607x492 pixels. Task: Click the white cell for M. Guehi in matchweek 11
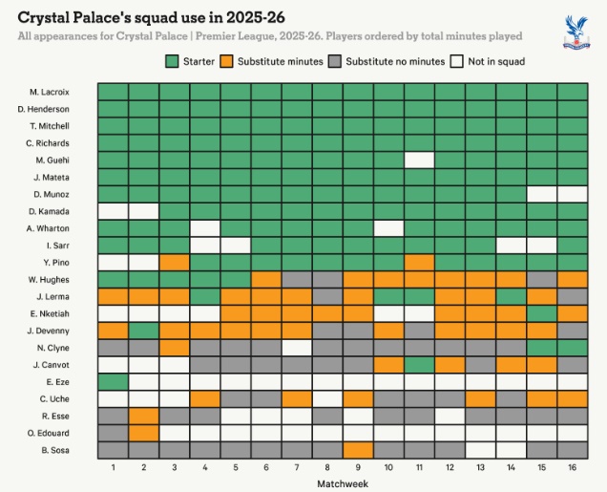(419, 160)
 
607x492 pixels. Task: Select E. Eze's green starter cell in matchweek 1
(113, 381)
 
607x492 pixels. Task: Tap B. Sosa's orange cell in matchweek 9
(358, 450)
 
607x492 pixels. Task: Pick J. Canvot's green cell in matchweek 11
(419, 364)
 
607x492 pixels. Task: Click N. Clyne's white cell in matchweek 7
(297, 347)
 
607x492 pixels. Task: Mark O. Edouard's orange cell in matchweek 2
(143, 433)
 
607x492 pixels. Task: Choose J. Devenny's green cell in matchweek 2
(143, 330)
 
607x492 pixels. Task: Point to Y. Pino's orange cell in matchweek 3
(174, 262)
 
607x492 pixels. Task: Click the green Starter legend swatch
(172, 61)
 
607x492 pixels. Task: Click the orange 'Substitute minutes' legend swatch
(227, 61)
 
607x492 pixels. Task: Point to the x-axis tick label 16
(572, 467)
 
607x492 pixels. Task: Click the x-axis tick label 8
(327, 467)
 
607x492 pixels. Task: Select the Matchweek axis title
(343, 483)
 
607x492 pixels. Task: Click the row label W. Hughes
(49, 279)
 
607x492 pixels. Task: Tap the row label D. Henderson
(47, 108)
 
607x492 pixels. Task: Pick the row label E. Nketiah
(49, 312)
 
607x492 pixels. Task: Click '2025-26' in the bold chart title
(253, 17)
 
